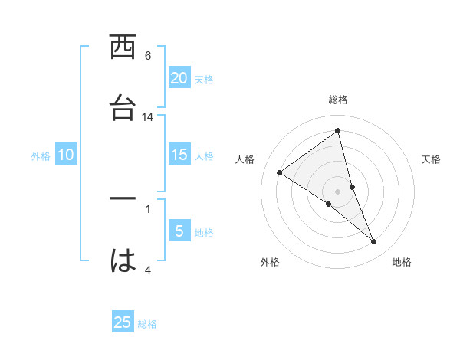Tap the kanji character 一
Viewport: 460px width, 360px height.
point(123,198)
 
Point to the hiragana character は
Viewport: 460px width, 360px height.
point(123,260)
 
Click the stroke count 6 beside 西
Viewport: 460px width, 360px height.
point(148,56)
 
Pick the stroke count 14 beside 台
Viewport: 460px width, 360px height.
point(148,117)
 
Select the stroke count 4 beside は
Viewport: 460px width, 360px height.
point(148,270)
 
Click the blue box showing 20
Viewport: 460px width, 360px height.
point(179,78)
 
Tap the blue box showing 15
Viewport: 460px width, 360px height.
point(179,155)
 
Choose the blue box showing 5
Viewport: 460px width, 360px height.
point(179,231)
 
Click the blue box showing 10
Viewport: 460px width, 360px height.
point(66,155)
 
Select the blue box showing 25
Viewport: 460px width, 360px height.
point(123,322)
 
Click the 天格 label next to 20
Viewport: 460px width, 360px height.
point(204,80)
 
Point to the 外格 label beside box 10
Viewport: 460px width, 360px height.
point(41,156)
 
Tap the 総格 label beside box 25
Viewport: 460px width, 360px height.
point(147,324)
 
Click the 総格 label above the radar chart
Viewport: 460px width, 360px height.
point(338,100)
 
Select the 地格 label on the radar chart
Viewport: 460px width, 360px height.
point(402,262)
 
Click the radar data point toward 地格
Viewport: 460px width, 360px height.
point(374,242)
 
